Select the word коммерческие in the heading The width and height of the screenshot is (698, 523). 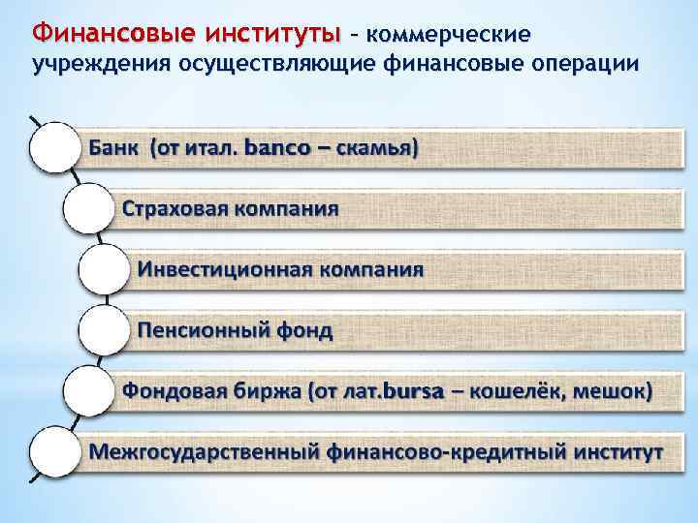point(449,35)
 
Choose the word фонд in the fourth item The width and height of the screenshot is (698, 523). point(302,330)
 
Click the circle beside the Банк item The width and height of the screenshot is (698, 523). point(53,147)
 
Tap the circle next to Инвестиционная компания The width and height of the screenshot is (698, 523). point(102,269)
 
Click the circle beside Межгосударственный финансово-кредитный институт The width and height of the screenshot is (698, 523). point(53,451)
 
